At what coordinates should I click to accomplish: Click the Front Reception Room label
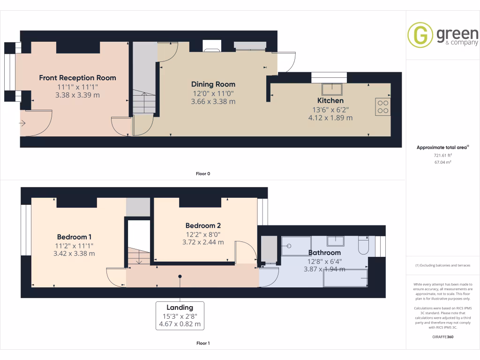[77, 78]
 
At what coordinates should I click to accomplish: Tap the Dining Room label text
[213, 84]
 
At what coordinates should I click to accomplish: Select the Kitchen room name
[330, 101]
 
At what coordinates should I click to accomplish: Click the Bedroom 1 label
[75, 237]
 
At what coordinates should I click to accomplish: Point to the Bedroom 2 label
[203, 225]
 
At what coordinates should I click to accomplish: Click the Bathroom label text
[324, 253]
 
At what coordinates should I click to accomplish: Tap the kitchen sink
[332, 89]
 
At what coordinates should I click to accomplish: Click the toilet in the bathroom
[363, 246]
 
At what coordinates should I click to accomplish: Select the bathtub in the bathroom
[345, 277]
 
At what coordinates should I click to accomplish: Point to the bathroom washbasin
[335, 241]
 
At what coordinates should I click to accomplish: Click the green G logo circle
[420, 35]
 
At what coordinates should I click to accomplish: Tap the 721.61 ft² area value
[442, 155]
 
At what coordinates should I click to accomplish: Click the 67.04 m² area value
[442, 162]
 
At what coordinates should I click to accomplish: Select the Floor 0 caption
[203, 174]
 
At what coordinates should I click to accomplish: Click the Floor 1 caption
[203, 344]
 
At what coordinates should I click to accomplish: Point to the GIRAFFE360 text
[442, 337]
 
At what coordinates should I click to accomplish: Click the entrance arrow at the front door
[22, 123]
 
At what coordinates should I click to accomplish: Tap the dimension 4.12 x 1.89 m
[330, 118]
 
